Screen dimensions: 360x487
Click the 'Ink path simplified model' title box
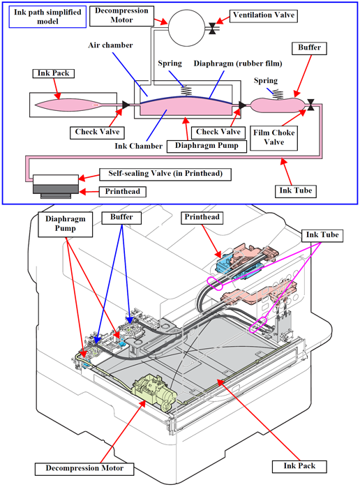pyautogui.click(x=47, y=17)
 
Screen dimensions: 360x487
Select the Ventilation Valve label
pyautogui.click(x=264, y=15)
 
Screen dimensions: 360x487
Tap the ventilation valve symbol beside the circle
pyautogui.click(x=213, y=29)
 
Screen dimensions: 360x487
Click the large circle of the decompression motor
pyautogui.click(x=187, y=28)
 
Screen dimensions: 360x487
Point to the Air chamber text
pyautogui.click(x=110, y=45)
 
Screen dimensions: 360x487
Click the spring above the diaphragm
pyautogui.click(x=186, y=91)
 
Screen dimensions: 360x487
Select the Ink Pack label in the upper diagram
pyautogui.click(x=54, y=74)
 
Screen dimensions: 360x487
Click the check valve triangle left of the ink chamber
pyautogui.click(x=126, y=105)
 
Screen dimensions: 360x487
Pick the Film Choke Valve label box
pyautogui.click(x=273, y=138)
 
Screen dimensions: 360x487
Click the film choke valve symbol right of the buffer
pyautogui.click(x=310, y=105)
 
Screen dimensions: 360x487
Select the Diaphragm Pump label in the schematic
pyautogui.click(x=207, y=146)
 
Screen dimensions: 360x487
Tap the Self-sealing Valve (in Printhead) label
pyautogui.click(x=165, y=174)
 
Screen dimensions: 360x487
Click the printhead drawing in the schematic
pyautogui.click(x=56, y=186)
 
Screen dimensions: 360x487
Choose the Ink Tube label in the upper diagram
pyautogui.click(x=295, y=191)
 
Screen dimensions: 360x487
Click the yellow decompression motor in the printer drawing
pyautogui.click(x=153, y=390)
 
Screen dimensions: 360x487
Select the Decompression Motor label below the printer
pyautogui.click(x=84, y=469)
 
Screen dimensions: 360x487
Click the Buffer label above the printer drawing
pyautogui.click(x=121, y=218)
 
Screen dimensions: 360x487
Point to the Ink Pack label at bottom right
pyautogui.click(x=299, y=467)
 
